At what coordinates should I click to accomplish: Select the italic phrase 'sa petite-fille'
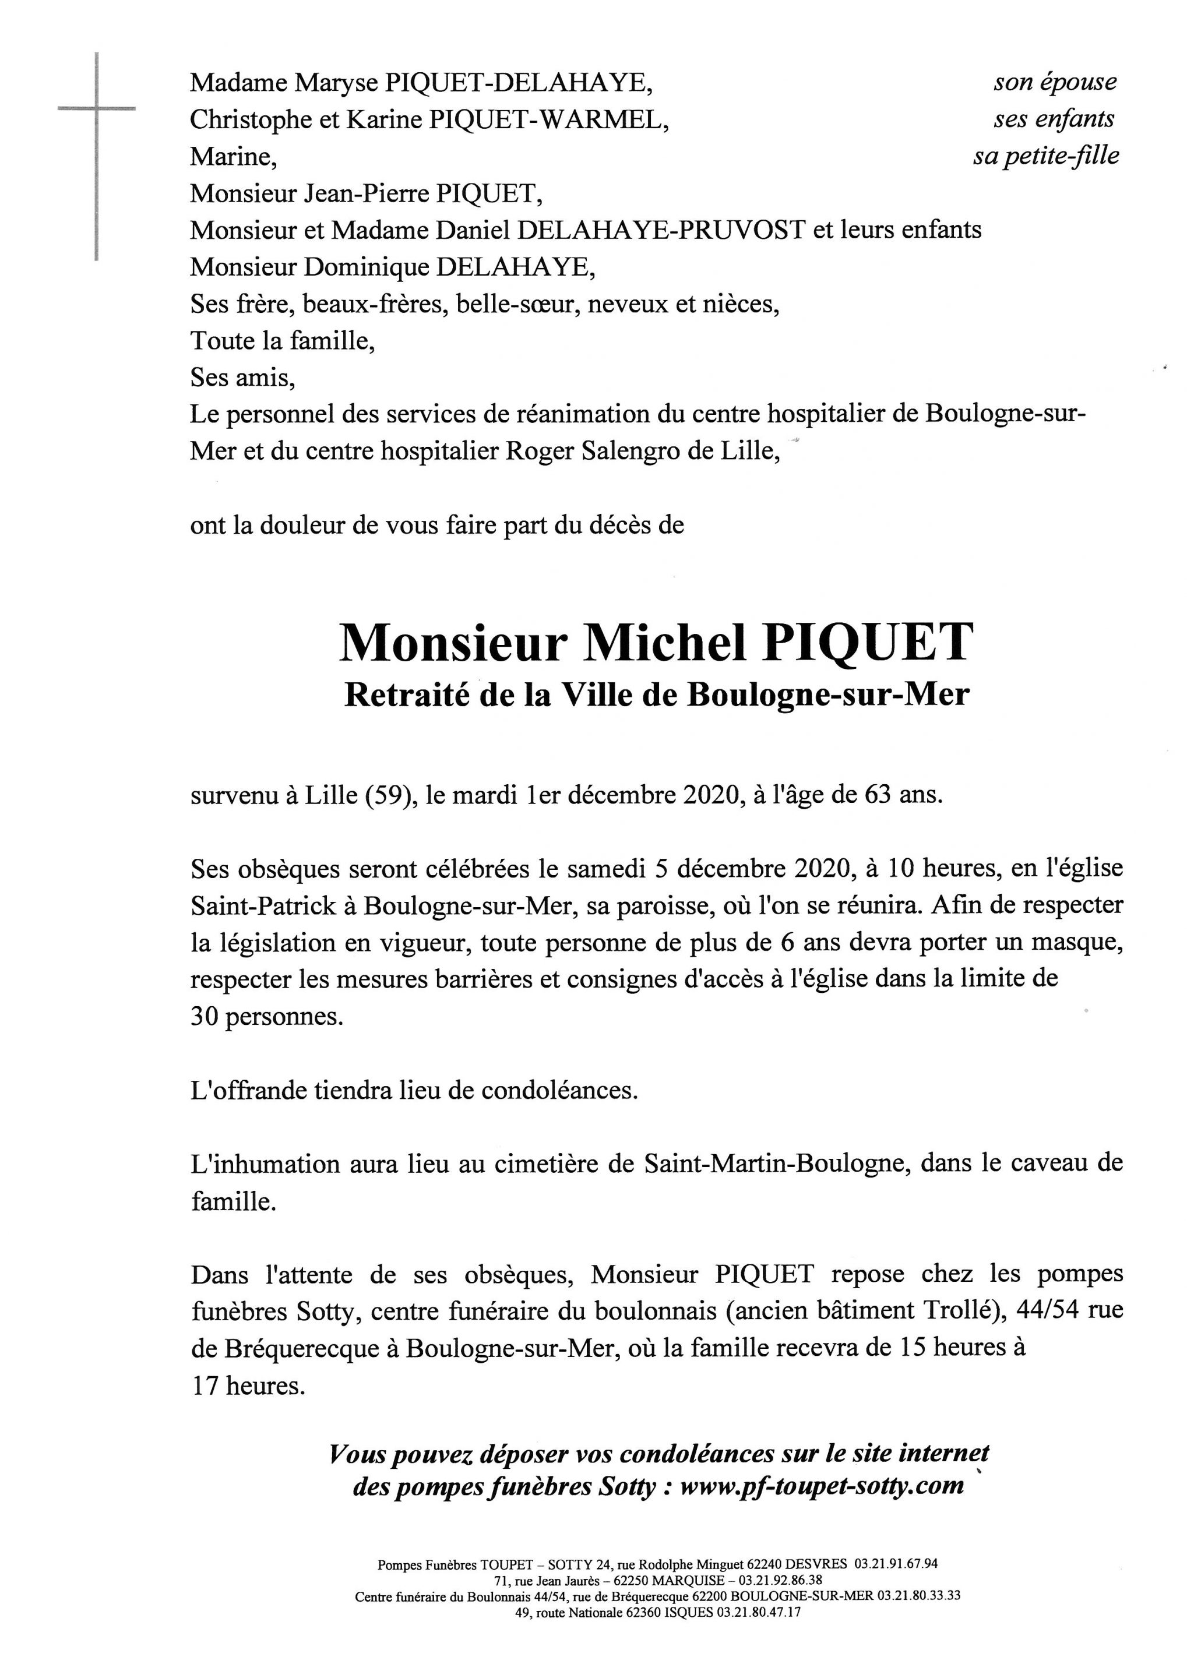[x=1045, y=156]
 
